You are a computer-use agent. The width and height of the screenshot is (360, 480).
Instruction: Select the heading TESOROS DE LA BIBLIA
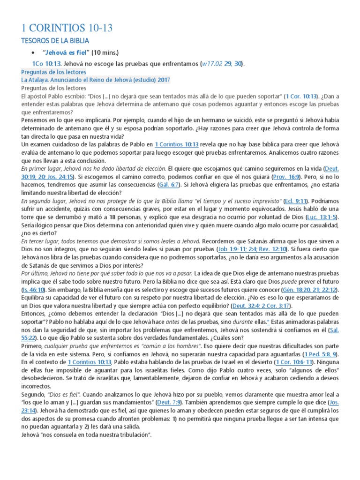tap(56, 41)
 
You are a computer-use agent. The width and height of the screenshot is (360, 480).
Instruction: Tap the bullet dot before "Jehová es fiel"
tap(32, 52)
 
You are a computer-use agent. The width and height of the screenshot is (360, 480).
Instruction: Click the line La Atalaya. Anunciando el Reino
tap(96, 80)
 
